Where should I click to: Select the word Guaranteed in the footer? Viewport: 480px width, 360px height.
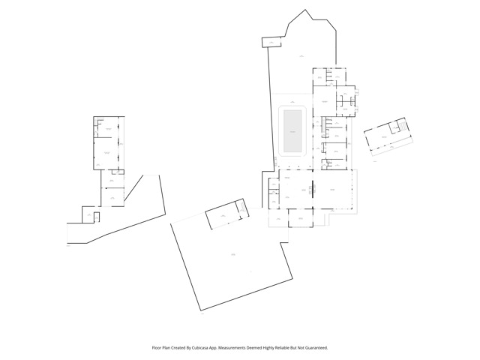[x=312, y=348]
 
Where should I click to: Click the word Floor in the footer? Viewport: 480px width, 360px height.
[x=158, y=348]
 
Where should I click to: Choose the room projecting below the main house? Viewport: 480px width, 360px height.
[x=301, y=217]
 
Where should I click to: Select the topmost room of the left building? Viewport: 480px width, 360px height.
[x=109, y=129]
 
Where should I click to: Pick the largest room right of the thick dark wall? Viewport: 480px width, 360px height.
[x=332, y=190]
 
